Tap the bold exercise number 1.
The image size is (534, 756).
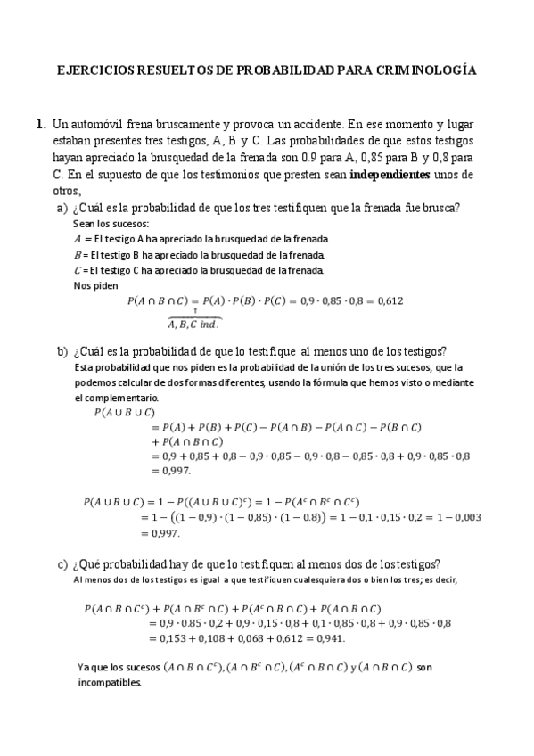[x=40, y=126]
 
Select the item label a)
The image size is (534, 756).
[x=62, y=208]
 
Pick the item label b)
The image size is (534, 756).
[x=62, y=351]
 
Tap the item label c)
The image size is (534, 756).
[x=62, y=564]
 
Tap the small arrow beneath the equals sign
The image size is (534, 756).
[x=195, y=311]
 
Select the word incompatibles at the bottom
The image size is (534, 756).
[x=110, y=682]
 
